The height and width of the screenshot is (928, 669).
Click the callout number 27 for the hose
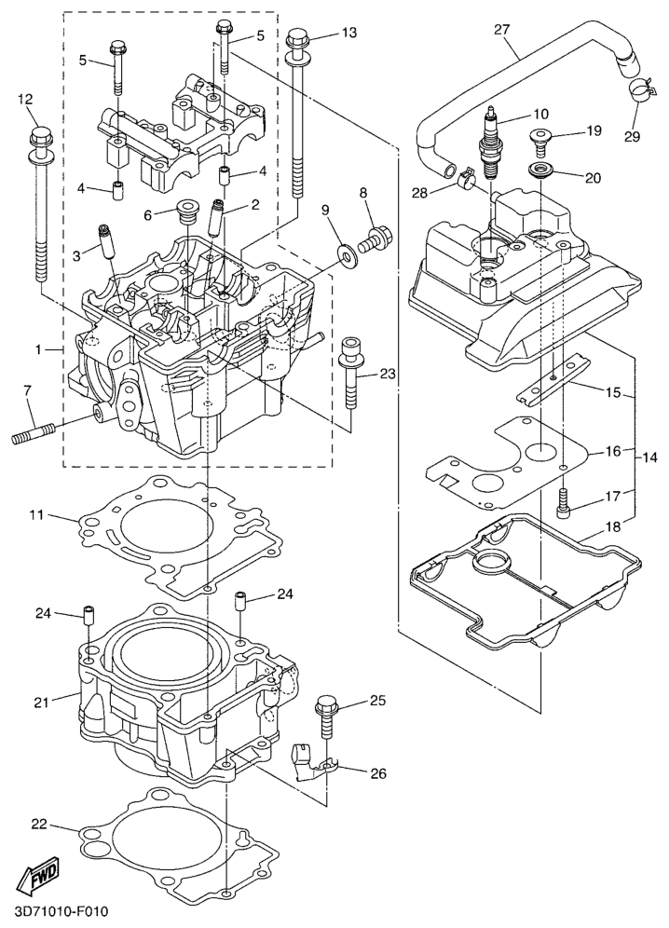tap(501, 30)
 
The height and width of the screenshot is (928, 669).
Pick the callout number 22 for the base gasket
tap(39, 824)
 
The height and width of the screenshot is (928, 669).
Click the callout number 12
tap(25, 99)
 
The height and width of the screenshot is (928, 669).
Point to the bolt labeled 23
tap(352, 376)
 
